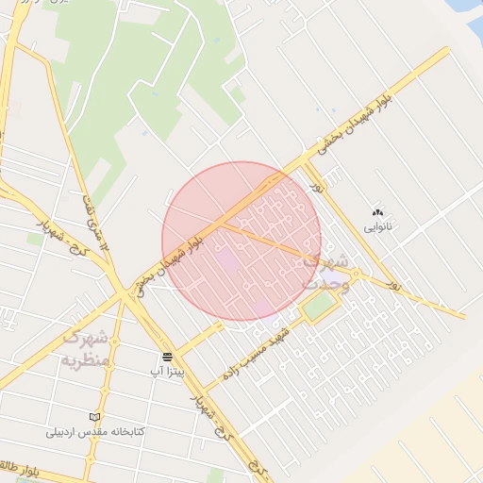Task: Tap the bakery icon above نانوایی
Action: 379,213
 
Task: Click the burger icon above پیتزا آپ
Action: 167,357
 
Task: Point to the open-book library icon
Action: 92,416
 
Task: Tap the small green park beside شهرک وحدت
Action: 320,306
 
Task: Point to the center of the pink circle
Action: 241,241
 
